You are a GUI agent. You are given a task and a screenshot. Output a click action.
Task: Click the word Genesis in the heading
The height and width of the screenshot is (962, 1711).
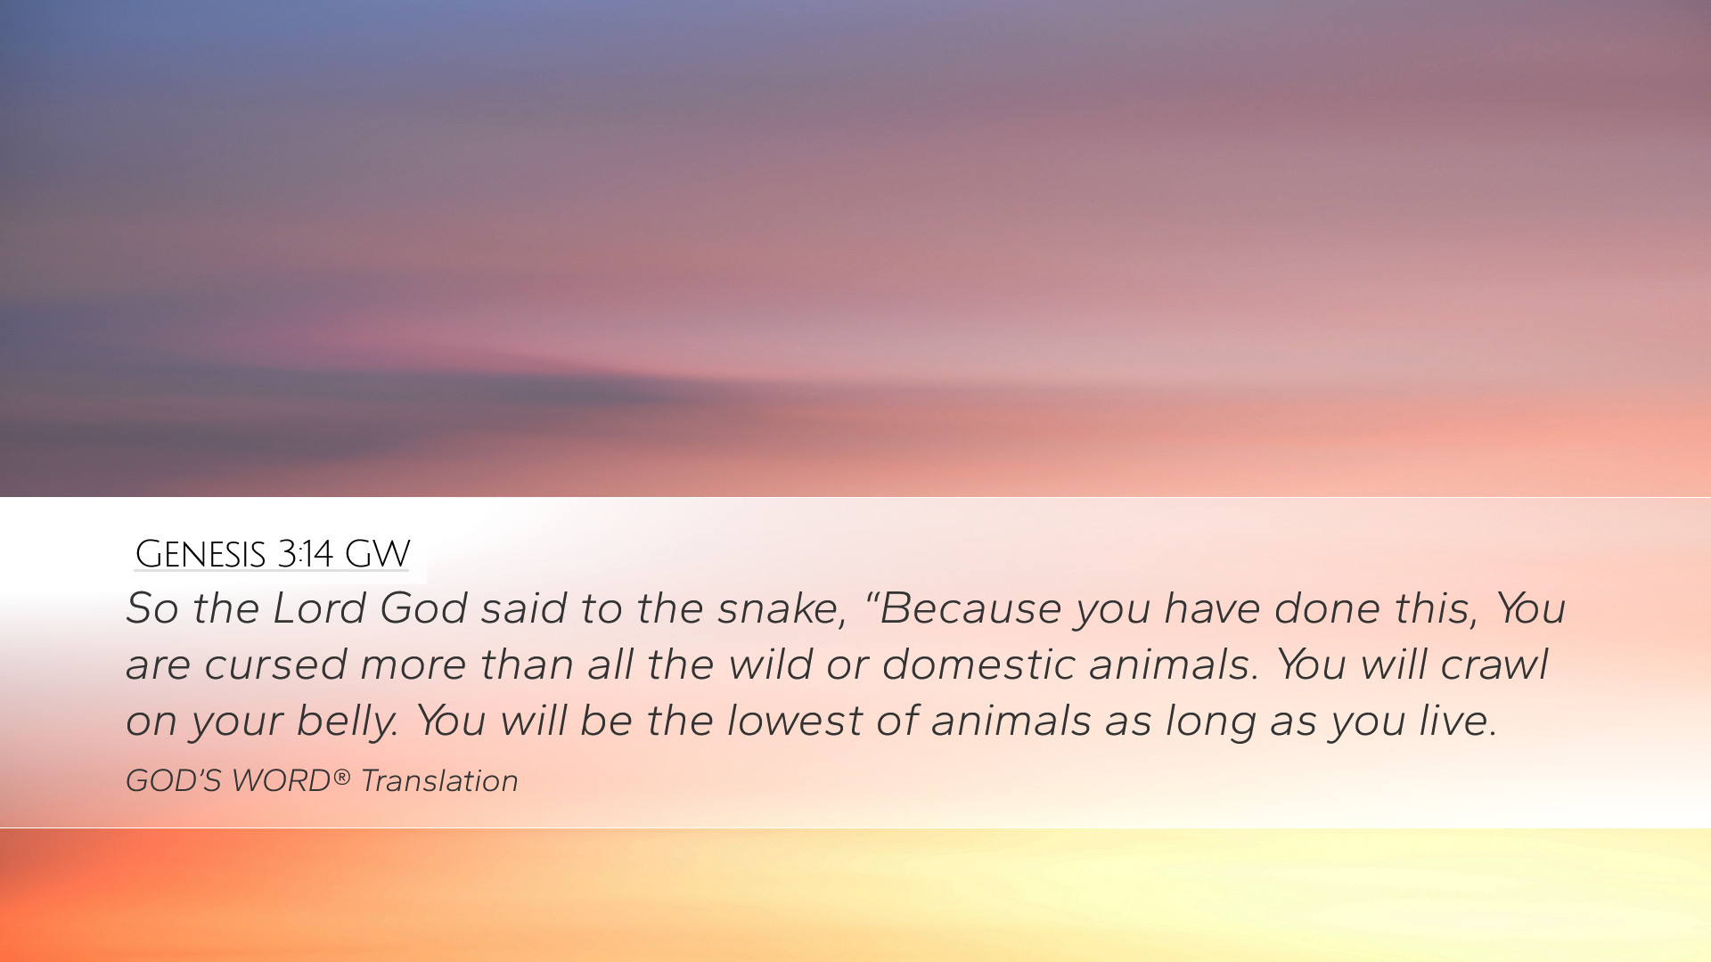(201, 554)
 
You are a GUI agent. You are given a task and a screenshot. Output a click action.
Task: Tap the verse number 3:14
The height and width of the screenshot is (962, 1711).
(305, 554)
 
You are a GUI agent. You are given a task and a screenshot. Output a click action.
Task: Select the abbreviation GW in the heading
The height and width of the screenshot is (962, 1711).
(377, 554)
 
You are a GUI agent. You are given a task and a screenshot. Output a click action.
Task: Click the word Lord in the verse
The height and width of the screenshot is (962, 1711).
(319, 608)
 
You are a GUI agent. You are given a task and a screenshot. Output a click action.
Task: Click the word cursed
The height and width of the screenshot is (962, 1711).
(275, 664)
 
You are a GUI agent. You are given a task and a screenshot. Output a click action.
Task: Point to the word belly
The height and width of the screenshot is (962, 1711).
(348, 721)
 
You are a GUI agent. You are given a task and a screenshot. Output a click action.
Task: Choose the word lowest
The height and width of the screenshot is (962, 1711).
(794, 721)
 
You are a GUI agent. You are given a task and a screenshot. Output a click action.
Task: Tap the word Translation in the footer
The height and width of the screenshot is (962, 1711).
(439, 781)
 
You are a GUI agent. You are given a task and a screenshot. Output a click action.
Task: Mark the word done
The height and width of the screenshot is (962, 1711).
(1327, 608)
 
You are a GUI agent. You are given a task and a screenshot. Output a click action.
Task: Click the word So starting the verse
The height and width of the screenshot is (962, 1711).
(152, 608)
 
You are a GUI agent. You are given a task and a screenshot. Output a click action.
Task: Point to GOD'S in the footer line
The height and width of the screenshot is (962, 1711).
(173, 781)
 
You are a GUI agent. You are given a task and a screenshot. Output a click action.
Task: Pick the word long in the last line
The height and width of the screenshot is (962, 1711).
(1210, 721)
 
